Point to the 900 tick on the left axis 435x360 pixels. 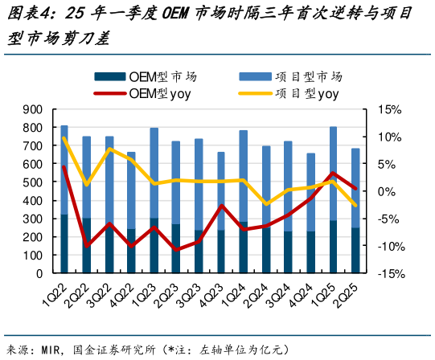32,109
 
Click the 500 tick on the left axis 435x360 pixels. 32,182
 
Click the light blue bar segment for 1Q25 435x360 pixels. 333,173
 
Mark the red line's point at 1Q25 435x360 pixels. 333,173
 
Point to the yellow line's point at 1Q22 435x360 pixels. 64,138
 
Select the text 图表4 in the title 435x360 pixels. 24,14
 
